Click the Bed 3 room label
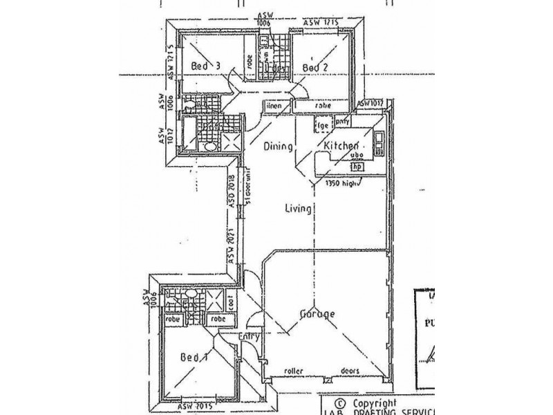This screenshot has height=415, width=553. pos(205,66)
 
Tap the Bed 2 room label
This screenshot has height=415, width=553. pos(315,67)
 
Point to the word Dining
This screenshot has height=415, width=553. pos(279,147)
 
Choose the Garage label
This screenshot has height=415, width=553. pos(318,313)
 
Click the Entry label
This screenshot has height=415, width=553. pos(249,337)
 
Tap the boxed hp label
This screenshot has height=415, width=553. pos(357,167)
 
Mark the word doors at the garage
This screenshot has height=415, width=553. pos(351,371)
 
